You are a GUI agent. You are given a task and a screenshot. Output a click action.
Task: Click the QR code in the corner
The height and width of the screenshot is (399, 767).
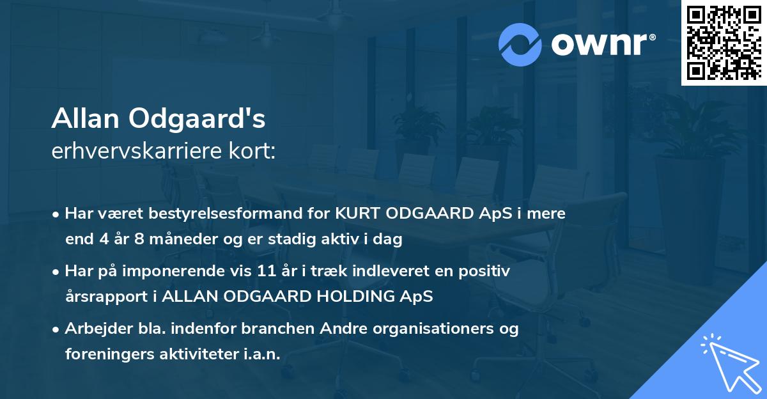tap(724, 43)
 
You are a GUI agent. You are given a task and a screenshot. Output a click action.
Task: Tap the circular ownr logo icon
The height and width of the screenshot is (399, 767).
tap(520, 44)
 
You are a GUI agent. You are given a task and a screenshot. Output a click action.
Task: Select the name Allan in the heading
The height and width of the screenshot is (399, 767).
tap(86, 119)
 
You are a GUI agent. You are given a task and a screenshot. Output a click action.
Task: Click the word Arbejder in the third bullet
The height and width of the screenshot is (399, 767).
tap(95, 329)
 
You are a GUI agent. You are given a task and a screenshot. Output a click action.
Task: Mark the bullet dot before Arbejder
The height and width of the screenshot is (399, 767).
tap(57, 329)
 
